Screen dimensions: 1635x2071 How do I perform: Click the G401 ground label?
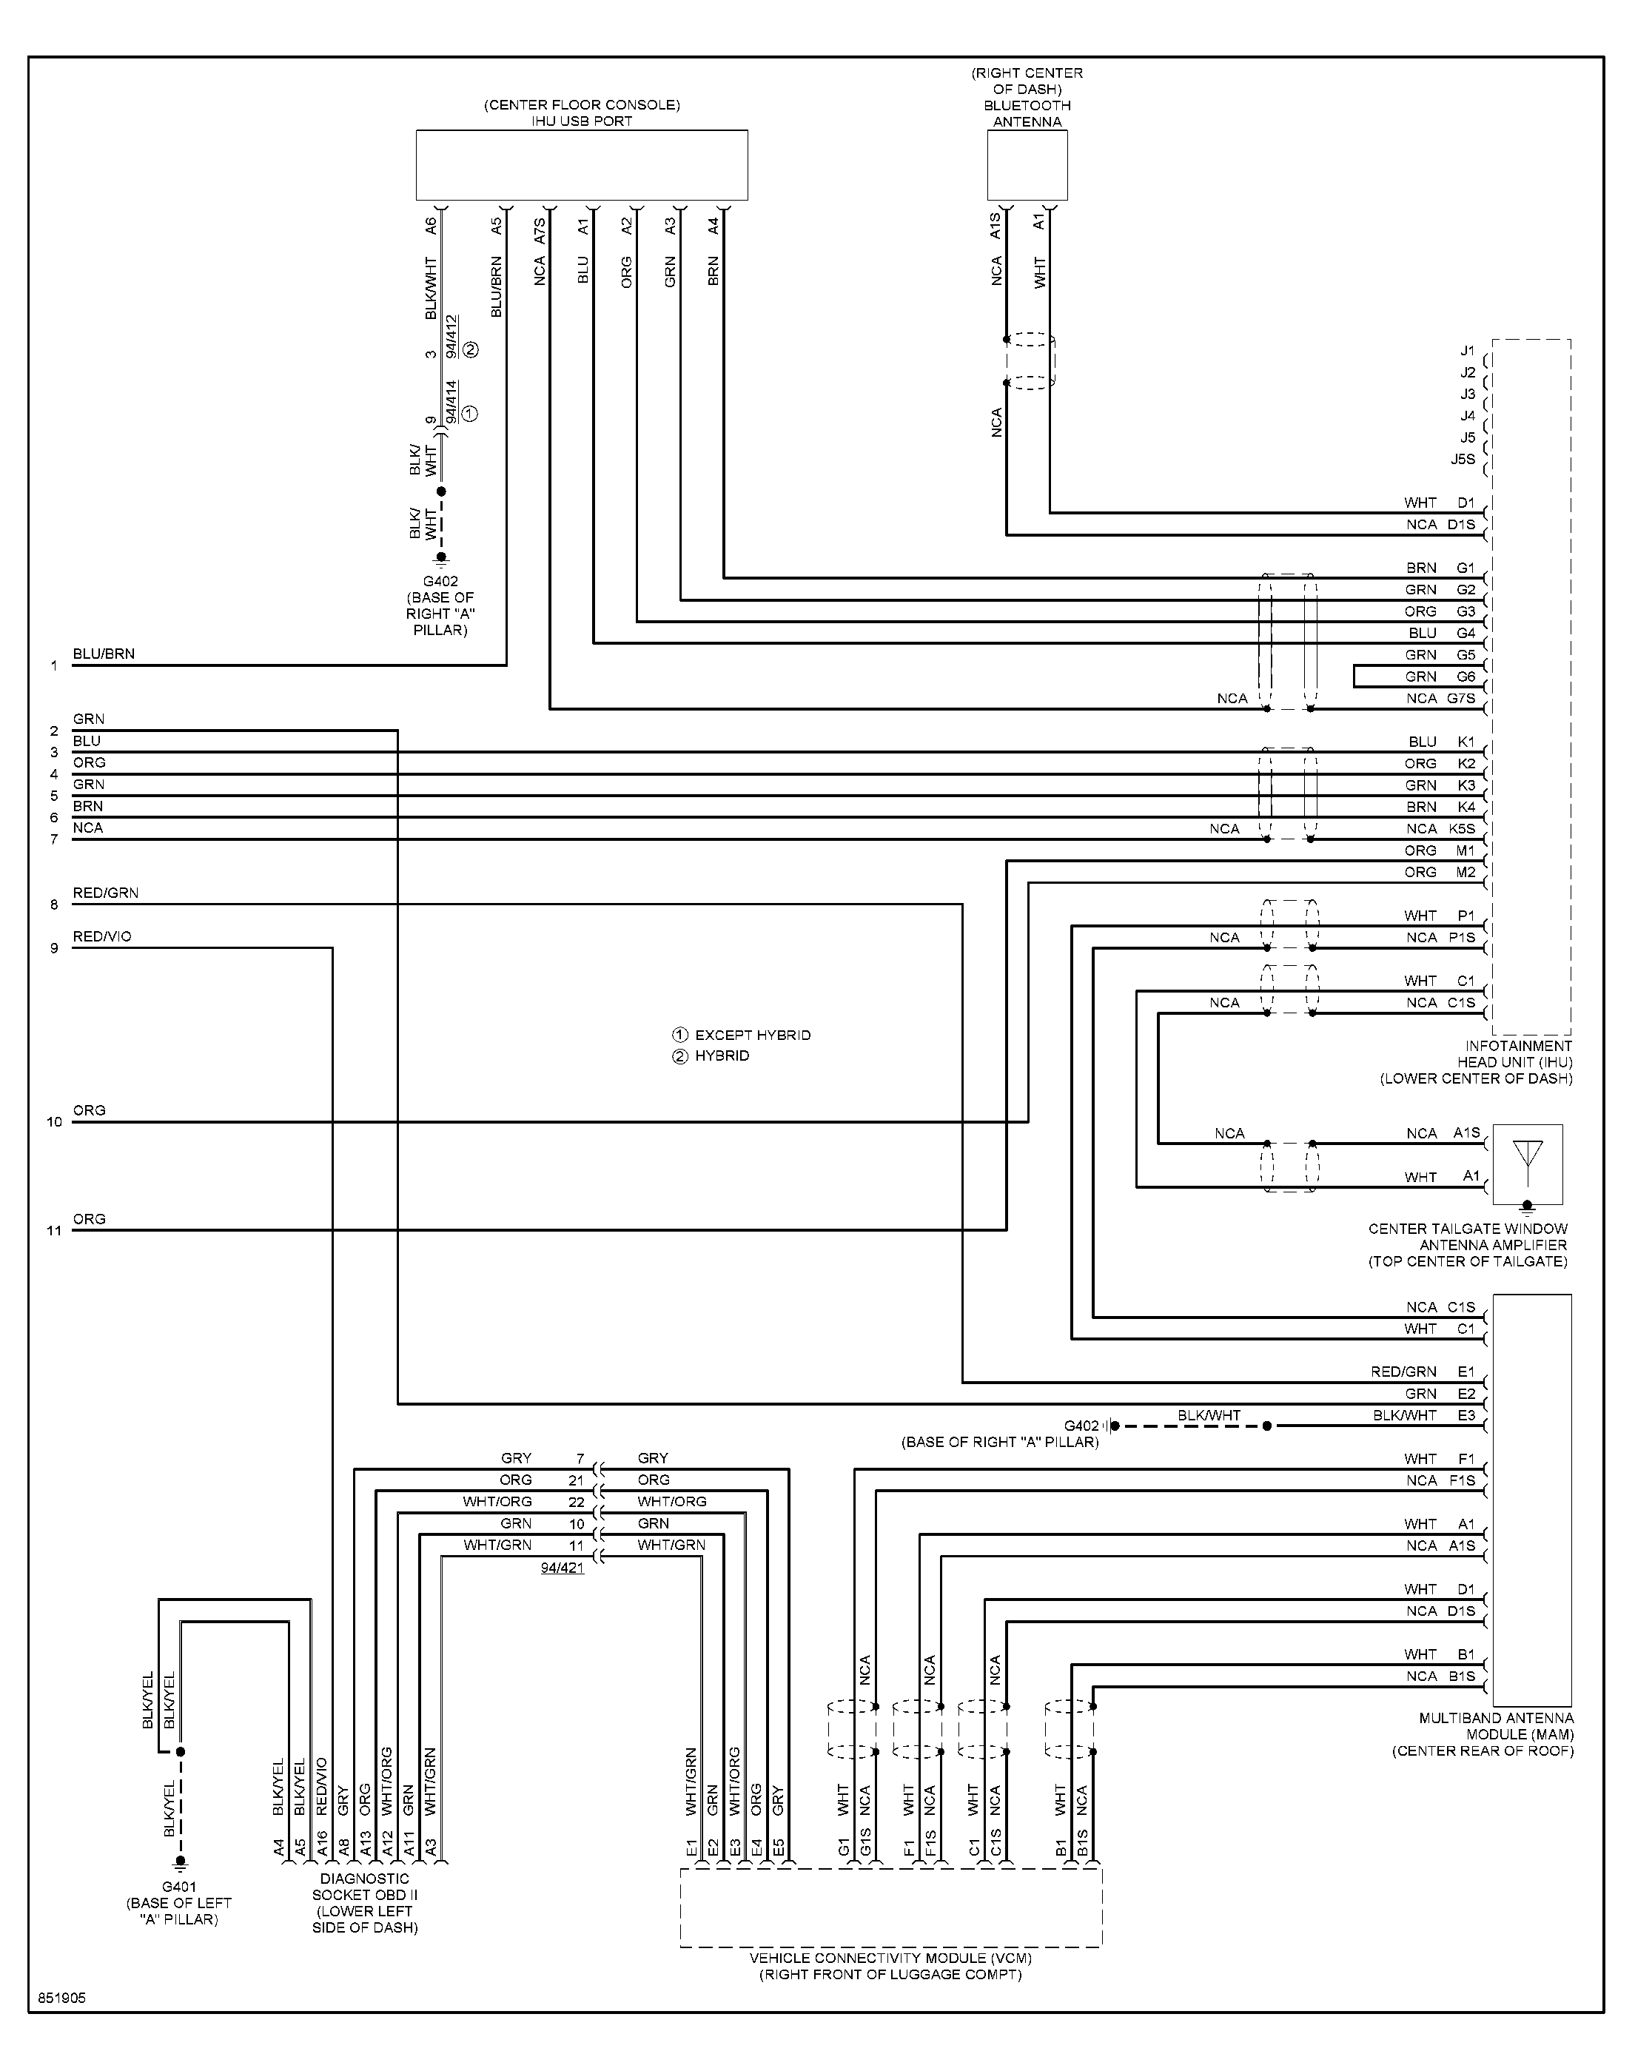point(179,1887)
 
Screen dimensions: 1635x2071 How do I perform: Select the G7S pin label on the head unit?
point(1462,699)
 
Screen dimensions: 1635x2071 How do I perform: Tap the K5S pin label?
point(1462,829)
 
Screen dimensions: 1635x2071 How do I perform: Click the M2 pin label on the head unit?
point(1466,872)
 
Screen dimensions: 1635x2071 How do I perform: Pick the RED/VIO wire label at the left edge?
point(102,936)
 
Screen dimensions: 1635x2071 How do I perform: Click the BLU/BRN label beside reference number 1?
point(104,654)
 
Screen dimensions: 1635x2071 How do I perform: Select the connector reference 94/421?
point(562,1568)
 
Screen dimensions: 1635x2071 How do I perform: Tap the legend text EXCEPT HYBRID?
point(753,1035)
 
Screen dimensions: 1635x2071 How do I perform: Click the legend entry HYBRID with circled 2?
point(711,1055)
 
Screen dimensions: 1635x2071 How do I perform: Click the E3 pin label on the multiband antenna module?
point(1466,1414)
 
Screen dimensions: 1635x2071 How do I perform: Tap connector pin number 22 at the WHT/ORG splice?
point(577,1502)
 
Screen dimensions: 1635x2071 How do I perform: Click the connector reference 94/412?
point(451,336)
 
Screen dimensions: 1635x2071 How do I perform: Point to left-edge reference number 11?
point(55,1231)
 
